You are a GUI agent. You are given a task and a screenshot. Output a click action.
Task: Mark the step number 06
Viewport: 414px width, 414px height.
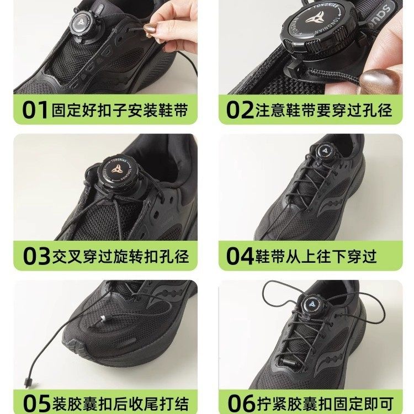[241, 402]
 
